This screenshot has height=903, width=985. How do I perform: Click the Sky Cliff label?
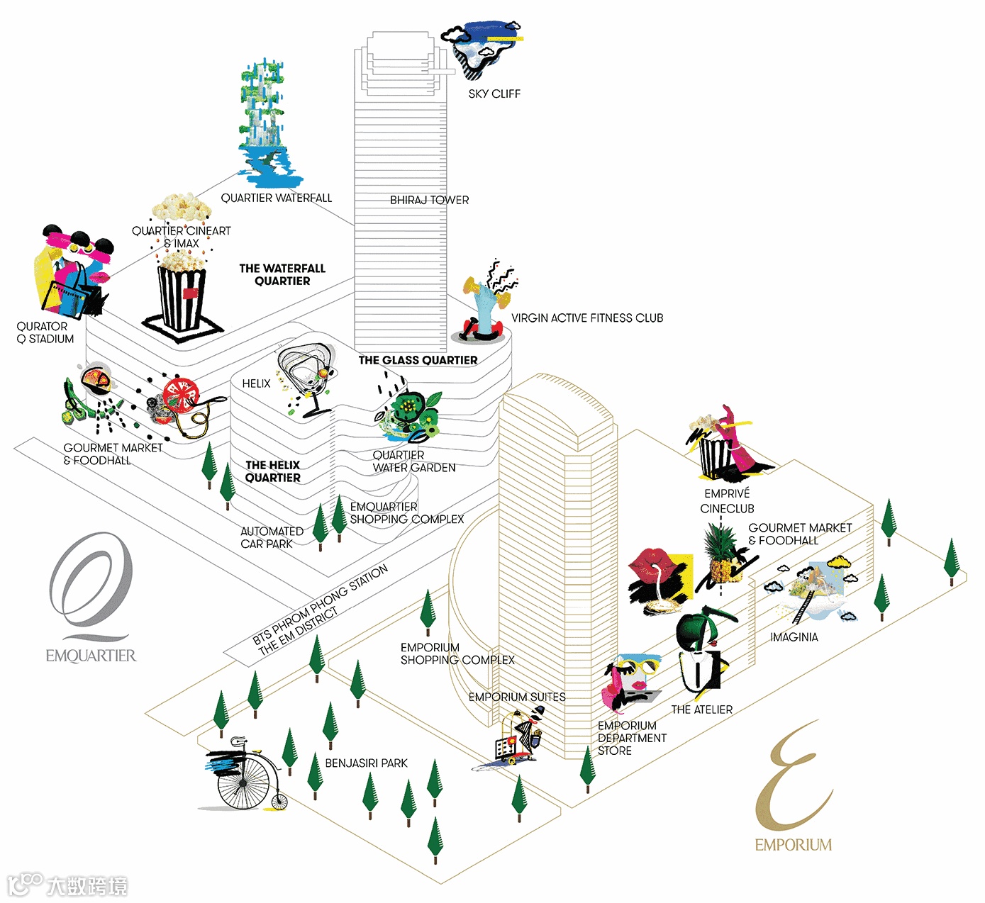(494, 94)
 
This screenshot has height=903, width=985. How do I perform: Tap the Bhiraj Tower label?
(429, 200)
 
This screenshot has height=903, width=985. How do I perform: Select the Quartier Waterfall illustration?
(266, 124)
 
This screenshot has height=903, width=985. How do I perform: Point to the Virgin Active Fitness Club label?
(587, 318)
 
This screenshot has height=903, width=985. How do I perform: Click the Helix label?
(256, 383)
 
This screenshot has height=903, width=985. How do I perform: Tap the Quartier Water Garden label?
(414, 461)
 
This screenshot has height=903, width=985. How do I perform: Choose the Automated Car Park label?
(272, 537)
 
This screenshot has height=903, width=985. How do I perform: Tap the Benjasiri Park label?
(366, 763)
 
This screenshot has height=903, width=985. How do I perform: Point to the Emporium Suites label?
(517, 697)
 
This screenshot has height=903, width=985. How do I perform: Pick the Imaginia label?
(794, 637)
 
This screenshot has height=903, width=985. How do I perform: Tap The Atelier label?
(701, 709)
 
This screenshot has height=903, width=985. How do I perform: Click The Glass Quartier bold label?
(418, 360)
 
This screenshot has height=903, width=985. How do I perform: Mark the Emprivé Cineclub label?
(727, 501)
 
